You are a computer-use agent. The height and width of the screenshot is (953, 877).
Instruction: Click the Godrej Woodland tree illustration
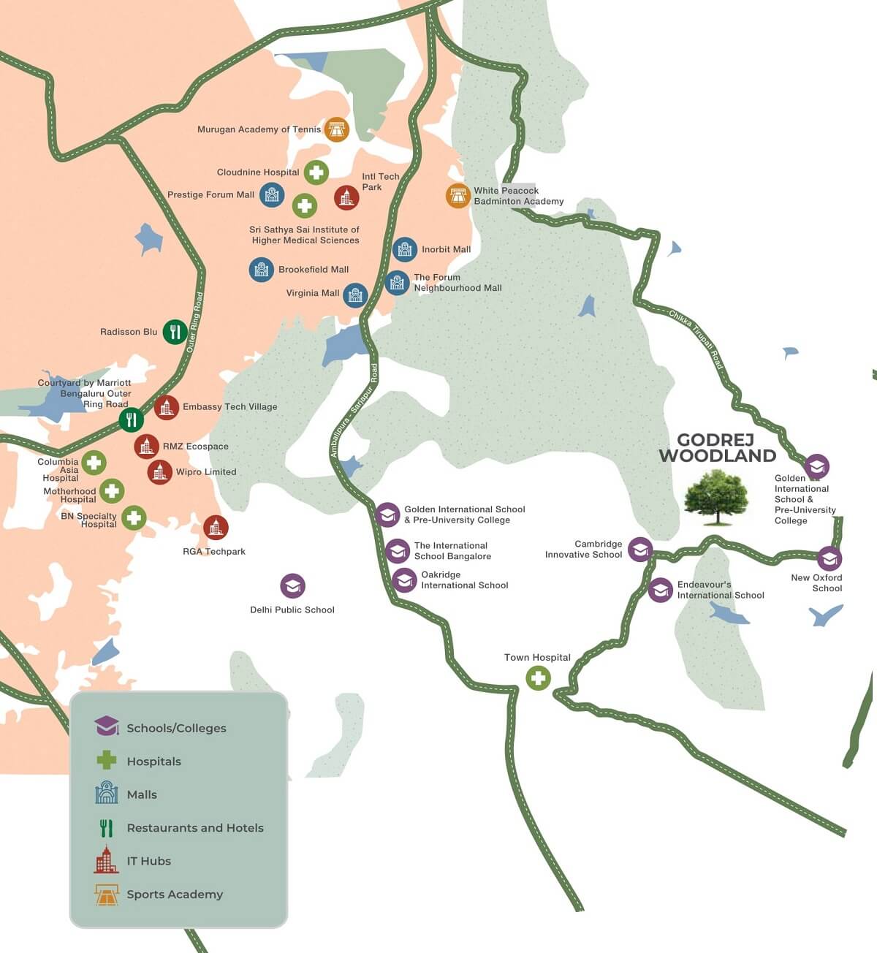(x=716, y=497)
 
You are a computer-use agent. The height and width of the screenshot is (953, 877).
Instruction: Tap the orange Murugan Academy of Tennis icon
(x=336, y=129)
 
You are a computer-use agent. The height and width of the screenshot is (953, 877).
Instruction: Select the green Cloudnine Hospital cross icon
(x=316, y=172)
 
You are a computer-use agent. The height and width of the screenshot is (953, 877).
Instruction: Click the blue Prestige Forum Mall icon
(x=272, y=194)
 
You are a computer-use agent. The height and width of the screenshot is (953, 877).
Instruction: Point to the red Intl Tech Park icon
(x=346, y=197)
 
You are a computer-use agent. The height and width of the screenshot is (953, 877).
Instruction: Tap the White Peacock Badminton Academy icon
(x=458, y=196)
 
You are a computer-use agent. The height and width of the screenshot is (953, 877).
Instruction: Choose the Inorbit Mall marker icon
(x=405, y=250)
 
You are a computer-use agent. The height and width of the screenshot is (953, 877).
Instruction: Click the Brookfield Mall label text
(x=314, y=270)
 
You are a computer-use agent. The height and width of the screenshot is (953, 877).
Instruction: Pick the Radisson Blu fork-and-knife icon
(x=175, y=332)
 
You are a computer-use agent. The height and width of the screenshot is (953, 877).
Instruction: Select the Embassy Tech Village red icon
(x=167, y=407)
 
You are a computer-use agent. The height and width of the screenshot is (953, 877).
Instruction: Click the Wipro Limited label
(x=206, y=472)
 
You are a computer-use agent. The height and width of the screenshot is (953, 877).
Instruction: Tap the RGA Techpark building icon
(x=215, y=527)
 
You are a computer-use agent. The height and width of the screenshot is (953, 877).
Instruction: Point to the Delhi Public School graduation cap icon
(x=292, y=585)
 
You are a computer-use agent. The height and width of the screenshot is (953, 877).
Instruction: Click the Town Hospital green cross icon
(x=539, y=678)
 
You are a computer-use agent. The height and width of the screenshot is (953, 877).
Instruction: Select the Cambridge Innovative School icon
(x=640, y=549)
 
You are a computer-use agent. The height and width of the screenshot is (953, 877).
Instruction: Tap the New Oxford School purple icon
(x=829, y=559)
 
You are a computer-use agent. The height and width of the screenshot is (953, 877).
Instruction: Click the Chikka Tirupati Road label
(x=696, y=337)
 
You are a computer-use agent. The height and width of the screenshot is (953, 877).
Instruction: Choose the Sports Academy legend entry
(x=175, y=895)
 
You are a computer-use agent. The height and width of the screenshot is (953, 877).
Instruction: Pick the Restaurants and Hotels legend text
(x=195, y=828)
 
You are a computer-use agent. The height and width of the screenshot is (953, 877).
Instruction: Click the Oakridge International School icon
(x=404, y=580)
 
